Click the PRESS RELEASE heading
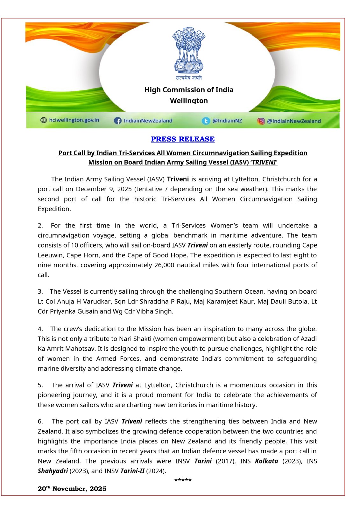click(183, 139)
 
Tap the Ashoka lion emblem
click(189, 50)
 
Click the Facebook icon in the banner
click(118, 121)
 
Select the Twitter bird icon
click(206, 121)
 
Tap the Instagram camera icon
click(261, 121)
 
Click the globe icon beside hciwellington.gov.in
click(44, 120)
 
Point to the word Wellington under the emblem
click(189, 101)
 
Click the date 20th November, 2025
click(72, 489)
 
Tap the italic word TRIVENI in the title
click(264, 162)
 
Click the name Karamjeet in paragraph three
click(221, 301)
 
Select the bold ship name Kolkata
click(266, 461)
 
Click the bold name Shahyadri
click(53, 471)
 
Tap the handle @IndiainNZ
click(227, 121)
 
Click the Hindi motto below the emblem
click(189, 78)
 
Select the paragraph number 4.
click(40, 329)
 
